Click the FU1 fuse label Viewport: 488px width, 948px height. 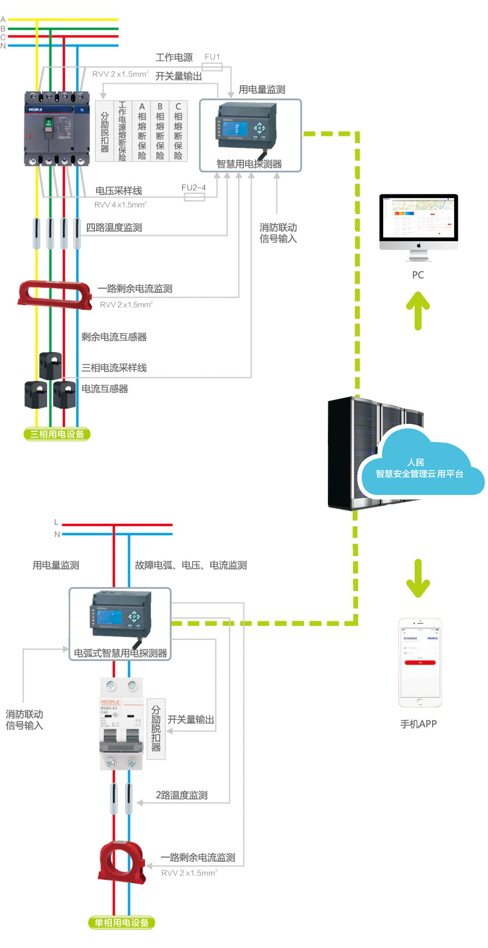(x=212, y=57)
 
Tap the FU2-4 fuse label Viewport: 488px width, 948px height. (x=193, y=188)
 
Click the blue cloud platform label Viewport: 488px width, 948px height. (x=419, y=468)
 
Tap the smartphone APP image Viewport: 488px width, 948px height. (x=420, y=662)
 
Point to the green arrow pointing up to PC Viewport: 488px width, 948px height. (x=418, y=310)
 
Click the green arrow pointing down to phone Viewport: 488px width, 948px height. (x=418, y=578)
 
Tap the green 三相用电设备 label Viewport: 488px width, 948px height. (x=57, y=434)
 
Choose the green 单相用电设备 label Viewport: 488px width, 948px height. (x=121, y=922)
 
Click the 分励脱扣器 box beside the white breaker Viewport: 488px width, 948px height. (x=156, y=728)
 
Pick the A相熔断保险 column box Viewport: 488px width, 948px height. (x=142, y=131)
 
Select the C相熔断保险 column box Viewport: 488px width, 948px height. (x=178, y=131)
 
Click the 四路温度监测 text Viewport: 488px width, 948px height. (x=114, y=228)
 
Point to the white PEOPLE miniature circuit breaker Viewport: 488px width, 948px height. (x=121, y=724)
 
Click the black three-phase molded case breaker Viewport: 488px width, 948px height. (x=56, y=129)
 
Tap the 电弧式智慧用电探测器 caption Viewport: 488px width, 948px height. (x=121, y=653)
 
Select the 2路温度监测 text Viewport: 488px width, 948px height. (x=182, y=795)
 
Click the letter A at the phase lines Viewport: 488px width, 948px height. (x=3, y=20)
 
